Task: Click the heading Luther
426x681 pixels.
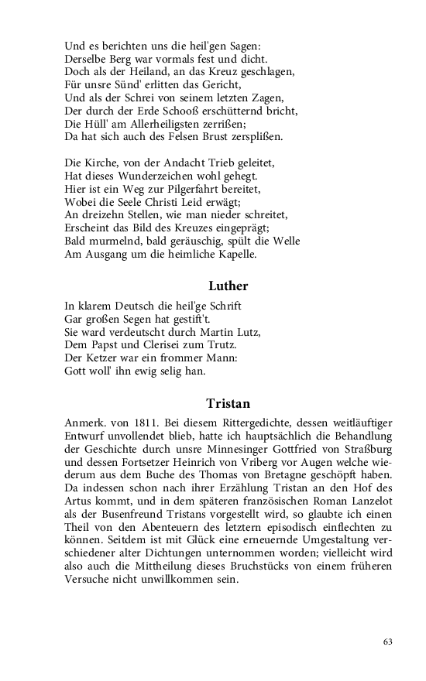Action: point(228,286)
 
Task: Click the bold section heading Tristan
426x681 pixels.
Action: point(228,403)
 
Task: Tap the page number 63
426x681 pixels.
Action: point(387,642)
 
